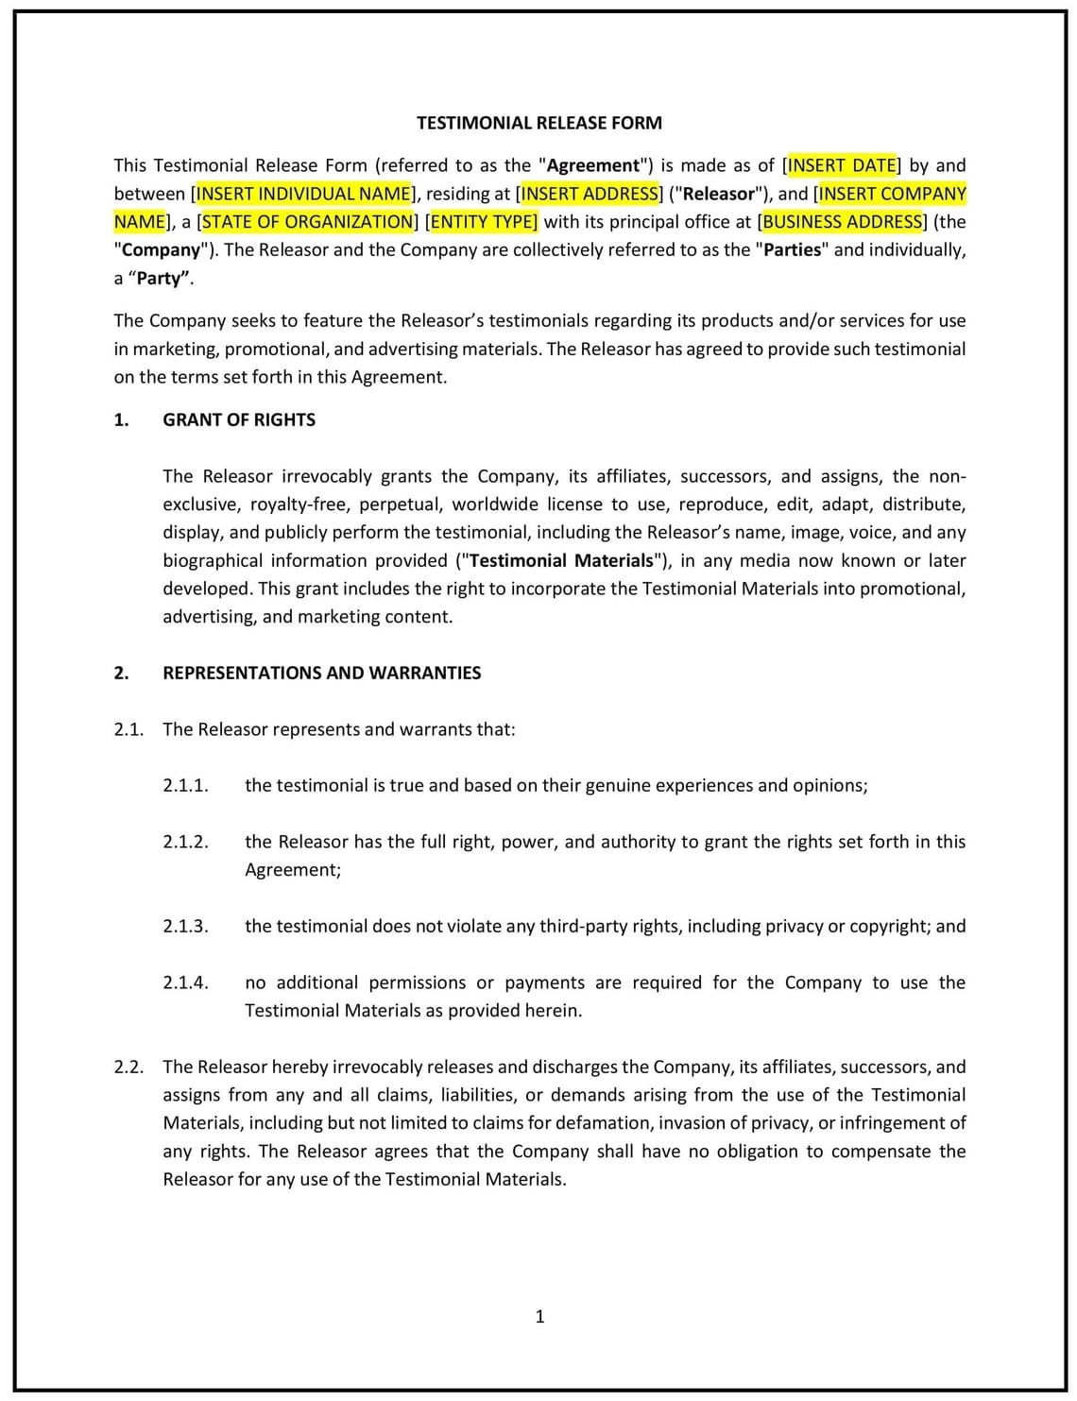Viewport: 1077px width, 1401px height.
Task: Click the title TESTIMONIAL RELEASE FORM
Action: (538, 123)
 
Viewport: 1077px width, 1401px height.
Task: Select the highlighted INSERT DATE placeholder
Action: (842, 165)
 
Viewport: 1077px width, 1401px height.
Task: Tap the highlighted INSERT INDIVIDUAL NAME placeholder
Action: (303, 194)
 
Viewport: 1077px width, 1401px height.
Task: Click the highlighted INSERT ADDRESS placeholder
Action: (590, 194)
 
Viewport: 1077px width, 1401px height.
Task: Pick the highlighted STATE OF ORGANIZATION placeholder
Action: (307, 222)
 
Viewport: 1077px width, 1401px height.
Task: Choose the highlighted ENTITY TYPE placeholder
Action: (483, 222)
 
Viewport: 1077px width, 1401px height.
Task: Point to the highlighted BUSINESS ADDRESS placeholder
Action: (842, 222)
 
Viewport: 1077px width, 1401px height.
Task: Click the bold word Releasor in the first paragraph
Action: (719, 194)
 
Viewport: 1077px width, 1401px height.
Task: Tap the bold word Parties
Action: (792, 250)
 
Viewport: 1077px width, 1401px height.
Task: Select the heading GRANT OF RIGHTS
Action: (239, 419)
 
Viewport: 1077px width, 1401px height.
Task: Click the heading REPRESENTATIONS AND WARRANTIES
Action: (321, 673)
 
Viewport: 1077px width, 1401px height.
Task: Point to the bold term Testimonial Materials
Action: (561, 560)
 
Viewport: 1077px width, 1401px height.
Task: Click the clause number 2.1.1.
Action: (185, 785)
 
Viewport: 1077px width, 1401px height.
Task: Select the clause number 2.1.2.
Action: (185, 842)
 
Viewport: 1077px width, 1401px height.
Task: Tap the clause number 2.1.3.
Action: (185, 926)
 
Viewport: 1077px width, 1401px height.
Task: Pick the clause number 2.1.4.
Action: (185, 982)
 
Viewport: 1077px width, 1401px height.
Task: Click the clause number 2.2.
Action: (128, 1067)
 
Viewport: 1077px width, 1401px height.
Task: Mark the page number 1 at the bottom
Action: (539, 1316)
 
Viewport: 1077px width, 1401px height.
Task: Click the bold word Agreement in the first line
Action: (593, 165)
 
